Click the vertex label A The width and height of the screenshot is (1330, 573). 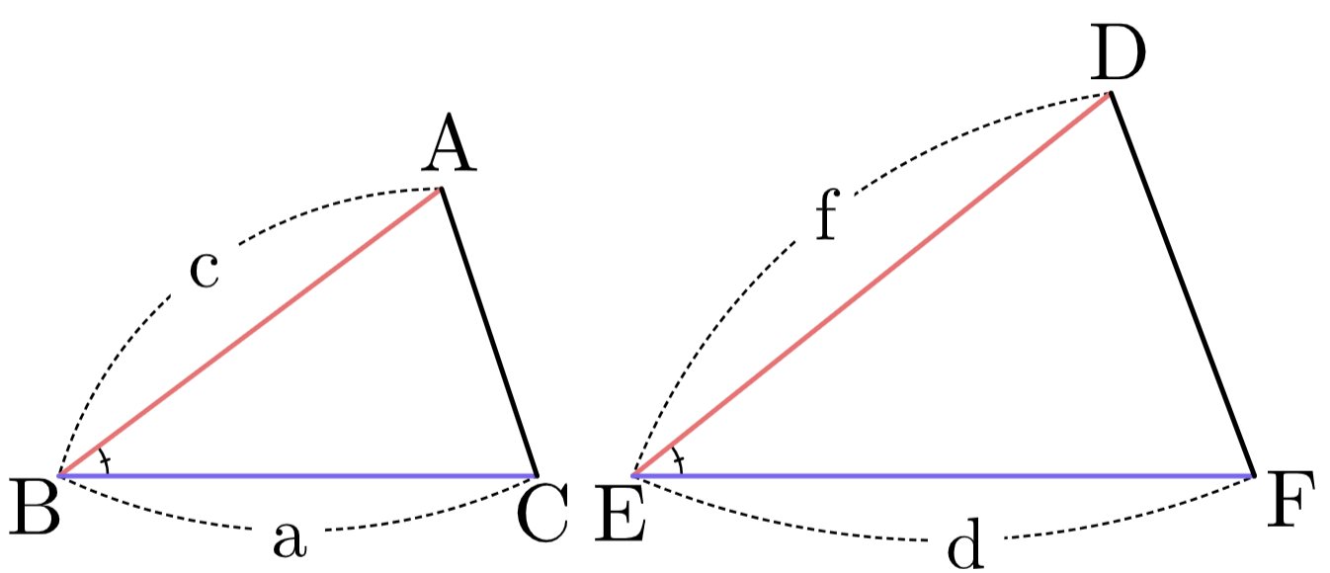tap(449, 143)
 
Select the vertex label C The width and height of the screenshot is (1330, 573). tap(542, 513)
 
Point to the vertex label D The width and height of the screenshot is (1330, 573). tap(1118, 54)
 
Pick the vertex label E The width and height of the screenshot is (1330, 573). tap(620, 513)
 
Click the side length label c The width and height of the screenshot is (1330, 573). tap(205, 270)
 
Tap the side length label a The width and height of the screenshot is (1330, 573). tap(290, 539)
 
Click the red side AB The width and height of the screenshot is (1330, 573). tap(250, 333)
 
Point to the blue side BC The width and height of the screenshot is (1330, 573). tap(296, 475)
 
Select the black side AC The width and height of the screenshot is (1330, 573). tap(489, 333)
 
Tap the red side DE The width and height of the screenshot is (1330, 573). tap(872, 284)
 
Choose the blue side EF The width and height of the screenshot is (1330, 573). tap(943, 475)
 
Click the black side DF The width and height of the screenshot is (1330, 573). tap(1182, 284)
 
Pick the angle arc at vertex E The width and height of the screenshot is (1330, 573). tap(678, 460)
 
